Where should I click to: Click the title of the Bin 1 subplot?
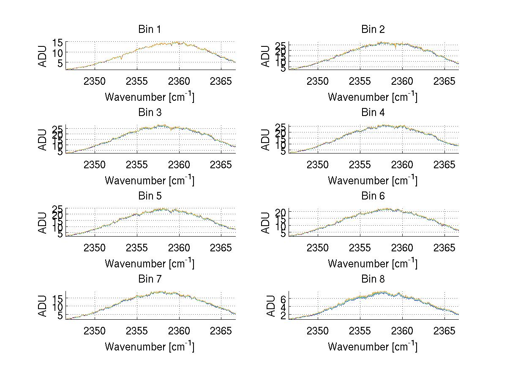point(150,30)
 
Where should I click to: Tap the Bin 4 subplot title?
point(373,113)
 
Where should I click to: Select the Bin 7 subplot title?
point(150,279)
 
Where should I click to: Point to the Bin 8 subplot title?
point(373,279)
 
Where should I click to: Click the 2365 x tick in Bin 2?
point(444,81)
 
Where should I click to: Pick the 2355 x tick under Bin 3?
point(137,164)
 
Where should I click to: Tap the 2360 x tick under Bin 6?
point(402,248)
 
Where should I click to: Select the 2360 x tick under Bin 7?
point(179,331)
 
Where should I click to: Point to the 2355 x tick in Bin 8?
point(360,331)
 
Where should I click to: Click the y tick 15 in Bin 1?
point(58,43)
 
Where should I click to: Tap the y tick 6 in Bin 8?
point(283,299)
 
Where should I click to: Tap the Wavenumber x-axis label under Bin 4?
point(373,180)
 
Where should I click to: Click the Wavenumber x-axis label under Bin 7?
point(150,346)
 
